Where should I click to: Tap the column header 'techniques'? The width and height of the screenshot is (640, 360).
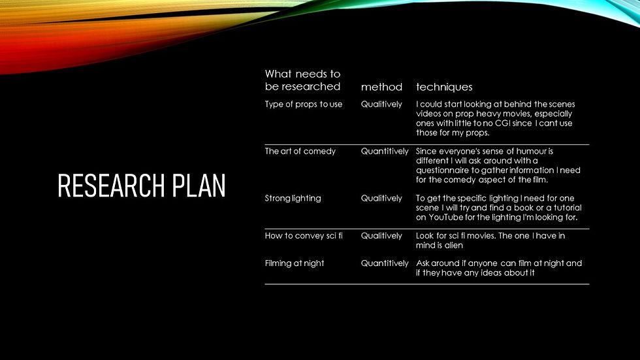444,87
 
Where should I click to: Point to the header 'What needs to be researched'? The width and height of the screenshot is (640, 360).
302,80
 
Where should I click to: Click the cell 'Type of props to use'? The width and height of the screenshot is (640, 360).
303,105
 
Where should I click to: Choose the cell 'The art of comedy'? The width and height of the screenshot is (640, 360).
300,152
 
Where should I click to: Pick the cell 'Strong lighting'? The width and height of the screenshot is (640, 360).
293,199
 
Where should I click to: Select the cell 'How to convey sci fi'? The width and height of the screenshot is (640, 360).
303,236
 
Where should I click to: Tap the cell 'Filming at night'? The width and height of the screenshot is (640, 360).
294,263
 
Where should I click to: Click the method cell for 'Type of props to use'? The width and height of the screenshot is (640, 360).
381,105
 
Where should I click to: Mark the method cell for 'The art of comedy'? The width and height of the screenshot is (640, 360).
385,152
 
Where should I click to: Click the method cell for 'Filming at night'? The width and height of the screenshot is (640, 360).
385,263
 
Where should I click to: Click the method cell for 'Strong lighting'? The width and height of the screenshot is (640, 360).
381,199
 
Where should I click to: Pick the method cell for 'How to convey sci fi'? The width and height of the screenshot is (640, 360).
381,236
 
